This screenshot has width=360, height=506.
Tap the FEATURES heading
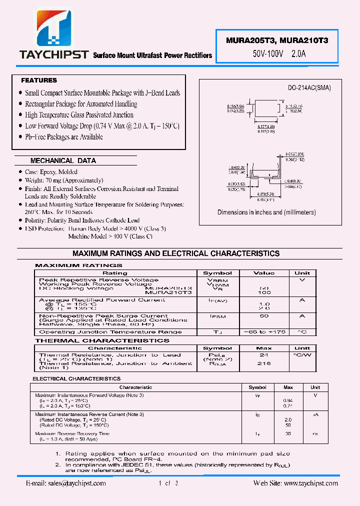(x=39, y=80)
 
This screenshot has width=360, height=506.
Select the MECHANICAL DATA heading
(x=63, y=160)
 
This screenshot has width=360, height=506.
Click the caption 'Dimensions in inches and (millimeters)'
(x=266, y=212)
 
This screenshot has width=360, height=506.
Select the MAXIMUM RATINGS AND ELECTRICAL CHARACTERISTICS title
(x=176, y=253)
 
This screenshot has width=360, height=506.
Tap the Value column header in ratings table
(x=264, y=273)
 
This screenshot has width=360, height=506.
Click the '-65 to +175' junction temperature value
(x=264, y=332)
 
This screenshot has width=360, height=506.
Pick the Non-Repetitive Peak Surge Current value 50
(x=264, y=316)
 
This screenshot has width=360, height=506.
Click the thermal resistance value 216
(x=264, y=363)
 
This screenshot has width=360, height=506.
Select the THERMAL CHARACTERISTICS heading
(x=102, y=340)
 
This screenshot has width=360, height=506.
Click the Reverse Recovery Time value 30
(x=288, y=433)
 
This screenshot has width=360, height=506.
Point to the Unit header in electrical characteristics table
(x=315, y=387)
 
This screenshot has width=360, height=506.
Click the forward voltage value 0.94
(x=288, y=400)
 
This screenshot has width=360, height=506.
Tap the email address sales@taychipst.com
(x=65, y=483)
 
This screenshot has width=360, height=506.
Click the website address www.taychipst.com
(x=310, y=483)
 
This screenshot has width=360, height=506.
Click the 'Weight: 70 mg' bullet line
(x=64, y=180)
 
